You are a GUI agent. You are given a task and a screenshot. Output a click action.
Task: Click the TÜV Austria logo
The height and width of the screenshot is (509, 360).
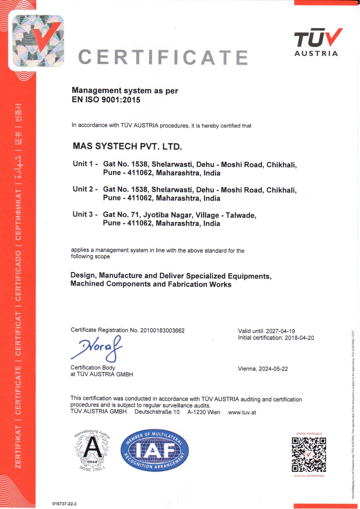318,42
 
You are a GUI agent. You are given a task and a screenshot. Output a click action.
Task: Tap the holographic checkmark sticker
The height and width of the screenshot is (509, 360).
38,41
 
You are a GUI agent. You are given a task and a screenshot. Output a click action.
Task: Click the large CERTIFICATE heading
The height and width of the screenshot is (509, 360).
163,57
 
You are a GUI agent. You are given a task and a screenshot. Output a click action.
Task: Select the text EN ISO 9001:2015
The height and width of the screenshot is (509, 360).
106,100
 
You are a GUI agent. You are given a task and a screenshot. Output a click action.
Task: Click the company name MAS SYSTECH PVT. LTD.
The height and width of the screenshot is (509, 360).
127,146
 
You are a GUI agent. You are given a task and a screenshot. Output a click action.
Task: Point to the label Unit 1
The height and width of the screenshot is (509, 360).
83,164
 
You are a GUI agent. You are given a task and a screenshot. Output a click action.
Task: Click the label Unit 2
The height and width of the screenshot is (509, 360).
83,189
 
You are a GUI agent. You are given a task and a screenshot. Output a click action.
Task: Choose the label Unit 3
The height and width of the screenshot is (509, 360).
83,214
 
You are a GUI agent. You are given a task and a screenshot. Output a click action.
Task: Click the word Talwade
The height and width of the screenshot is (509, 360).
241,215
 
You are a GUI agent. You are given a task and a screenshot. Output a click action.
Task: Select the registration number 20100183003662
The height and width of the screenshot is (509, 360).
162,331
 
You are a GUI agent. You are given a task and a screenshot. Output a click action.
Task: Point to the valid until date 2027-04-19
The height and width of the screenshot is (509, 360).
280,331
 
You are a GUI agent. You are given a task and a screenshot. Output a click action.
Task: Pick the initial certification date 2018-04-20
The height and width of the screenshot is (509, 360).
299,338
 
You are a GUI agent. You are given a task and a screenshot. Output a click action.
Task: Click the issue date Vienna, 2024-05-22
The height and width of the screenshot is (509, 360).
263,369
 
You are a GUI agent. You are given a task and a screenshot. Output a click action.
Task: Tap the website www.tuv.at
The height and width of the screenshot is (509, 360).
242,412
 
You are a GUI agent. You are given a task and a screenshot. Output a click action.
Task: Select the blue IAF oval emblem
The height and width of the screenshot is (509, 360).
154,450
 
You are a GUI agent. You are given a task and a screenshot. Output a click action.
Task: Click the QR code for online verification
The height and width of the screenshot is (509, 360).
309,454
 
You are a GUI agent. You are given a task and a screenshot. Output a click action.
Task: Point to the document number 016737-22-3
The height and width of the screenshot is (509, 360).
64,504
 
